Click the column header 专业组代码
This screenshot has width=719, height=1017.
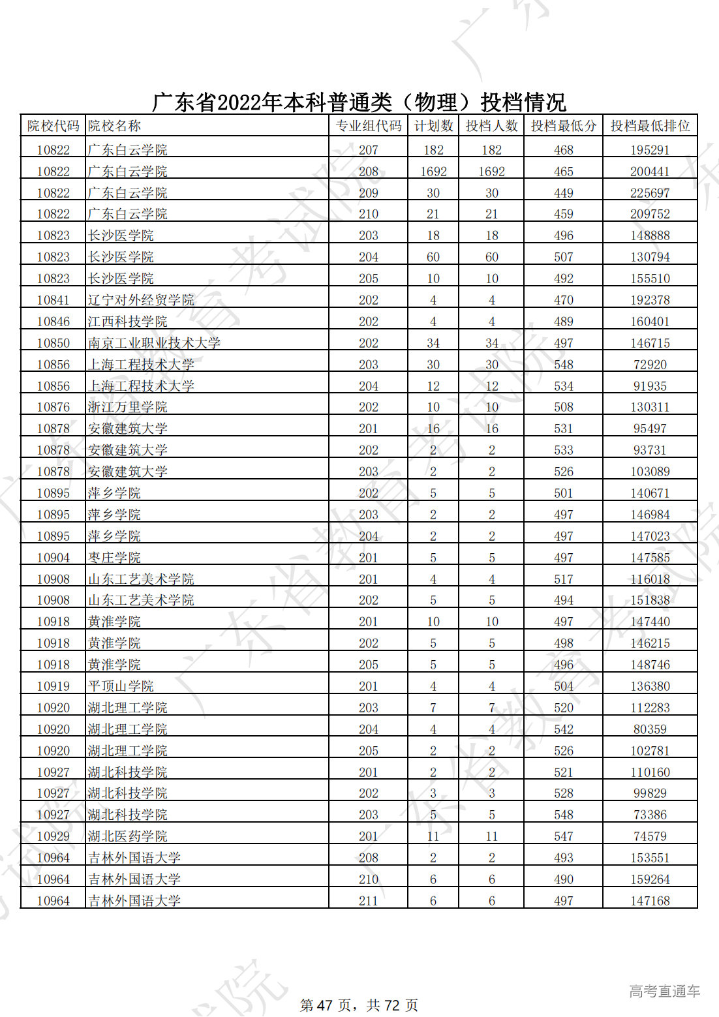coord(369,126)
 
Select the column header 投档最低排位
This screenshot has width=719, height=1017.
coord(650,126)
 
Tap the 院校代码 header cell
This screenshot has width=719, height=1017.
coord(54,126)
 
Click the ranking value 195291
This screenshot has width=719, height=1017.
coord(650,150)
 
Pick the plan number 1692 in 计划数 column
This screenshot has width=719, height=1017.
coord(433,172)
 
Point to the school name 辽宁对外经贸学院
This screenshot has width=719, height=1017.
coord(141,300)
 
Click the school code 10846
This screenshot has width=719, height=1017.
coord(54,322)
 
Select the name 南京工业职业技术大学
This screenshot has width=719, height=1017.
coord(154,343)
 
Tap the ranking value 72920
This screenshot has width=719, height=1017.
coord(650,365)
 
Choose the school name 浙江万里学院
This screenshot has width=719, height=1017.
coord(128,407)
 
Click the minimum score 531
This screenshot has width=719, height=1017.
coord(564,429)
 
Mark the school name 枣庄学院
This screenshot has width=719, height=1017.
coord(115,558)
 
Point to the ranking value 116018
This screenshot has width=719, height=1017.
coord(650,579)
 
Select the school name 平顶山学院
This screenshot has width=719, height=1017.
coord(121,686)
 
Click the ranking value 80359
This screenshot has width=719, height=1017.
coord(650,729)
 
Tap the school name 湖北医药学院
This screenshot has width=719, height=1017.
coord(128,836)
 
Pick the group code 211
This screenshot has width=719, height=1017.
coord(369,901)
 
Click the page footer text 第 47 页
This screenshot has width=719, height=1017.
coord(327,1005)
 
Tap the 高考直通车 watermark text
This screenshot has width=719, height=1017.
coord(664,992)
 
